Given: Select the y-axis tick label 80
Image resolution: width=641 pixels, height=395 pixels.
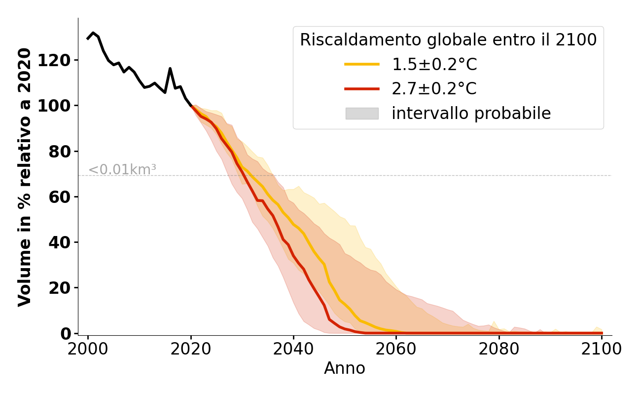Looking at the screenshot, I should tap(62, 152).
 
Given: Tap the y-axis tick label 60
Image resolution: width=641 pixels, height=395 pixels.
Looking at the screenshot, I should tap(62, 197).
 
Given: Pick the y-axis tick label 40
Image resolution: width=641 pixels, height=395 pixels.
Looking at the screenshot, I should tap(62, 242).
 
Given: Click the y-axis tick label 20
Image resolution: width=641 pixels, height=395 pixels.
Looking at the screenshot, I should tap(62, 288).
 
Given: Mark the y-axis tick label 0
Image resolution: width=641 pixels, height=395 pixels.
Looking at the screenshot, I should tap(66, 333).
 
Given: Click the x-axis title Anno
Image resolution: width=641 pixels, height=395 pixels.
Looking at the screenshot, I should tap(345, 368).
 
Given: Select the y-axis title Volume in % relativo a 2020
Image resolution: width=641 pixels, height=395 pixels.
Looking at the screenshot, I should tap(25, 177).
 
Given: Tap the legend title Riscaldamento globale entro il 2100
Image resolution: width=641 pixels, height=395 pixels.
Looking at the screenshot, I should tap(448, 40).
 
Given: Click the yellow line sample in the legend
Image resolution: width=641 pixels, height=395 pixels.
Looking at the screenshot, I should tap(362, 64).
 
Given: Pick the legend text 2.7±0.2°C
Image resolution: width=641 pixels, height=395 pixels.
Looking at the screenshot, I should tap(434, 89).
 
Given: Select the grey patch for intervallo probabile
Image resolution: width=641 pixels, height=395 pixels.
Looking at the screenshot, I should tap(362, 114).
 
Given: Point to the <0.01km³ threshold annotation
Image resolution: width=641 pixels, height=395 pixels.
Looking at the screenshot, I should tap(122, 169).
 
